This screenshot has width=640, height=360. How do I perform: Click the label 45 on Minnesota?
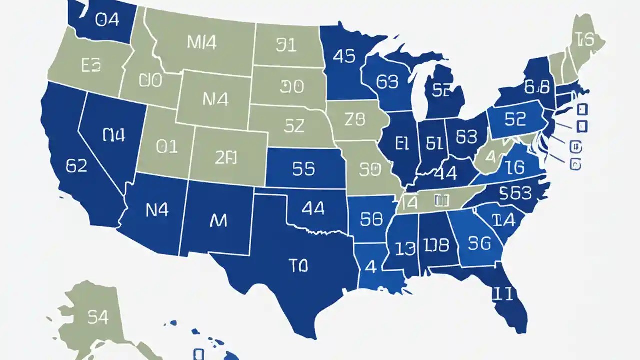[344, 56]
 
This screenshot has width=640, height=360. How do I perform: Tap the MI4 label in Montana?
[202, 43]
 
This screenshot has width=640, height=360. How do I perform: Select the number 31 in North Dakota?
[286, 45]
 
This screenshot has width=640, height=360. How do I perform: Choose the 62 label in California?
[76, 166]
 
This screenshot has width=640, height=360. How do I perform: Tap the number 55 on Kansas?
[303, 169]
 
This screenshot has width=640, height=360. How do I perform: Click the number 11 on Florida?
[503, 294]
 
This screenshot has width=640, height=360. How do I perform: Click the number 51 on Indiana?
[435, 144]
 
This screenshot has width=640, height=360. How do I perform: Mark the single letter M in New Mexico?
[218, 220]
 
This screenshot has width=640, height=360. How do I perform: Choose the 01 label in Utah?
[167, 146]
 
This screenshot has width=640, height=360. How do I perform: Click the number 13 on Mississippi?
[405, 247]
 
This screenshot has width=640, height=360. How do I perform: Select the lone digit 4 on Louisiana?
[370, 266]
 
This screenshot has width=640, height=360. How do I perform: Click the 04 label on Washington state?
[106, 21]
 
